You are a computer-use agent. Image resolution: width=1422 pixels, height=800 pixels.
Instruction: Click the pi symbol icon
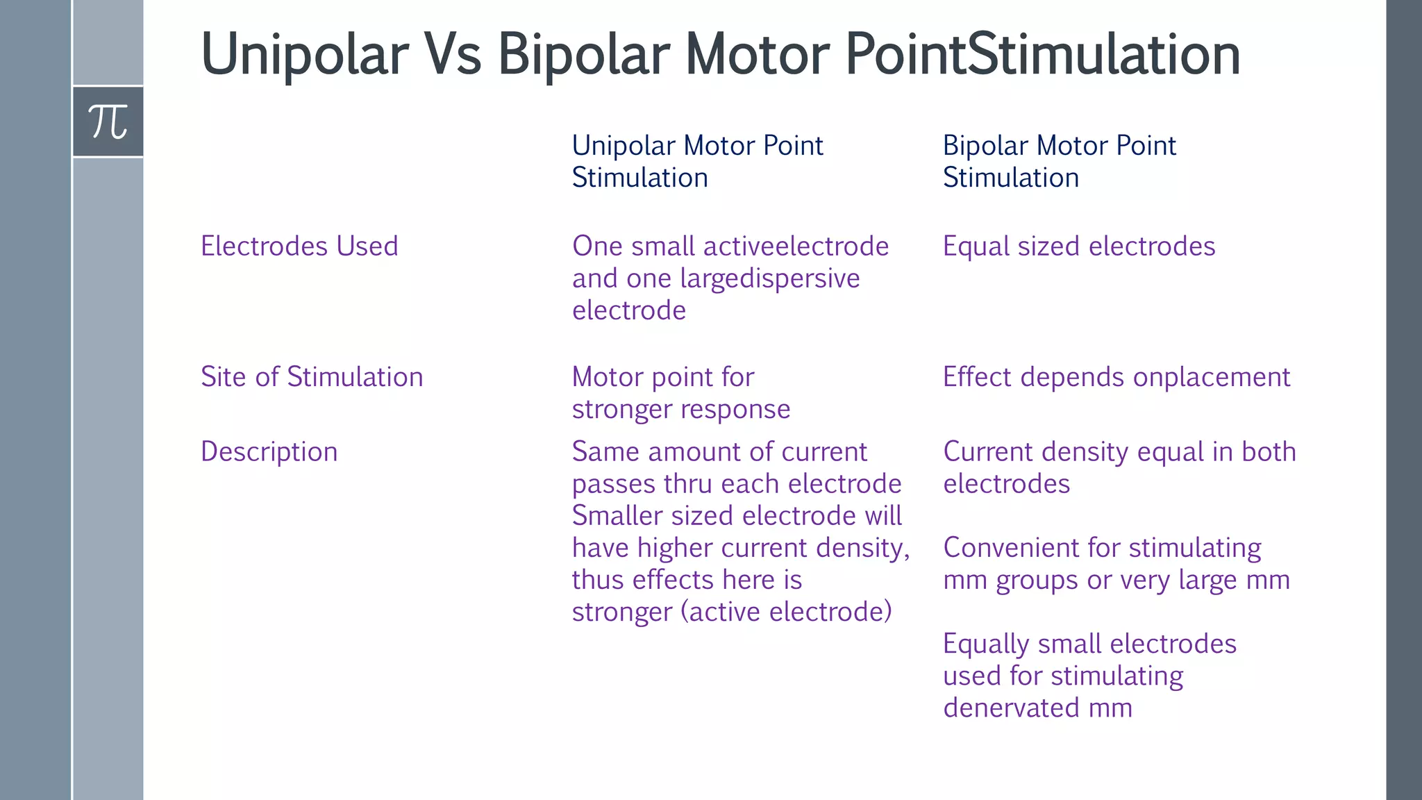108,122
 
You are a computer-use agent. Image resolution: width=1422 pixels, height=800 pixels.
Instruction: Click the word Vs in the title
453,56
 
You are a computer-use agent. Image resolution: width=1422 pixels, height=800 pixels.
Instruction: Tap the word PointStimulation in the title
1042,56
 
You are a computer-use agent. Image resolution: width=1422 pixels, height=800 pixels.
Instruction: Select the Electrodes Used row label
299,247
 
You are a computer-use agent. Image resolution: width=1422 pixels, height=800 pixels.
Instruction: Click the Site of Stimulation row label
312,377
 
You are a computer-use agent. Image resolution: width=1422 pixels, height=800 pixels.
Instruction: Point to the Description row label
269,452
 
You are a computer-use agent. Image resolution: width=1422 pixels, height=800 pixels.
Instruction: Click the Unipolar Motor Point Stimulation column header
697,161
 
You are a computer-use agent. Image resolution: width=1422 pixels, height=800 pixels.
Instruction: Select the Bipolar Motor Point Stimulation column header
1059,161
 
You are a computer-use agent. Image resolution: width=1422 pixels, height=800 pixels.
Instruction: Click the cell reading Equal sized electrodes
1078,247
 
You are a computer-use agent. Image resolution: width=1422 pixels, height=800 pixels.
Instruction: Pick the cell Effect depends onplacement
1116,377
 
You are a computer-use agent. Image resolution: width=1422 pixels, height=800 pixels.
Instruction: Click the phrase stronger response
680,410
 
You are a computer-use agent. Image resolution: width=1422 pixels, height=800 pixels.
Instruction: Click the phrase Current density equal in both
1119,452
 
